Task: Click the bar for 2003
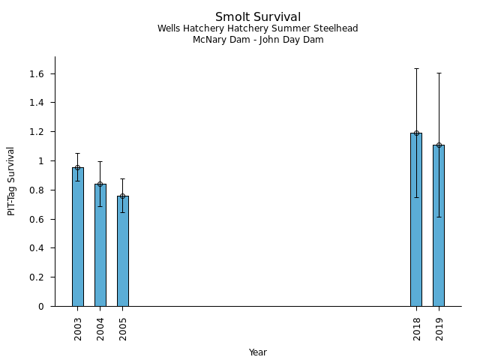click(x=77, y=236)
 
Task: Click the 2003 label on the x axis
click(x=78, y=328)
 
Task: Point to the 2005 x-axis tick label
click(x=123, y=328)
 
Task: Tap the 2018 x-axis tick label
click(x=417, y=328)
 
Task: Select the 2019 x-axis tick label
click(x=439, y=328)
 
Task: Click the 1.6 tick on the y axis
click(x=37, y=73)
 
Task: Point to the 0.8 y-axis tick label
click(x=37, y=190)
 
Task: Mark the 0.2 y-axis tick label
click(x=37, y=277)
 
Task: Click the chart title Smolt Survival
click(x=258, y=16)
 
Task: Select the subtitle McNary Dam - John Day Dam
click(x=258, y=40)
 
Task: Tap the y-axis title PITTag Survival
click(x=11, y=181)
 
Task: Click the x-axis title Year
click(x=258, y=352)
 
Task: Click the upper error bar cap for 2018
click(x=416, y=68)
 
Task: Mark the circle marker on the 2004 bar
click(x=100, y=184)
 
